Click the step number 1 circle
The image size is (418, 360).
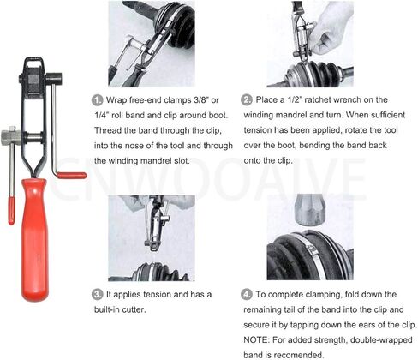pyautogui.click(x=97, y=100)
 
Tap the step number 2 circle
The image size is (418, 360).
pyautogui.click(x=246, y=100)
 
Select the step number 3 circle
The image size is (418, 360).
pyautogui.click(x=97, y=295)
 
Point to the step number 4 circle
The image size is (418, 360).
pyautogui.click(x=246, y=295)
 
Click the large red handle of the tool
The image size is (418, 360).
pyautogui.click(x=34, y=240)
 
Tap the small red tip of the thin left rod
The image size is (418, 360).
pyautogui.click(x=11, y=211)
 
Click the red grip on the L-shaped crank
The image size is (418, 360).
pyautogui.click(x=71, y=175)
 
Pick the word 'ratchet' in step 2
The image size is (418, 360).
pyautogui.click(x=318, y=99)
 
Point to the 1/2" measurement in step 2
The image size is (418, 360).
pyautogui.click(x=295, y=99)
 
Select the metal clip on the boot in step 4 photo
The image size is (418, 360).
pyautogui.click(x=311, y=249)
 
